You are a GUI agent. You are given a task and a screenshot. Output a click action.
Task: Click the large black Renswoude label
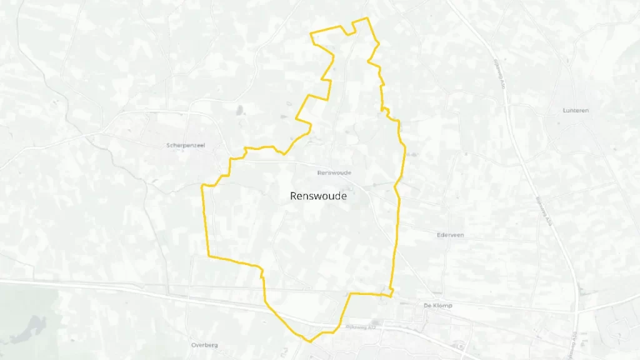pos(318,196)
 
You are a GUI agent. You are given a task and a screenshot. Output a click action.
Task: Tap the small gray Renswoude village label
pos(334,172)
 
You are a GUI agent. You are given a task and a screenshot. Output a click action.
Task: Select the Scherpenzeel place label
pos(186,146)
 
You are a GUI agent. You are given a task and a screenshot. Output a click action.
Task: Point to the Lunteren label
pos(576,111)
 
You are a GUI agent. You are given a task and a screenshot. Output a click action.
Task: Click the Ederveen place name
pos(451,235)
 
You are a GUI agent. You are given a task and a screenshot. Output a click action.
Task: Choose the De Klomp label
pos(437,306)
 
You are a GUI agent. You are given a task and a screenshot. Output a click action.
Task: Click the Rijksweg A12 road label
pos(357,326)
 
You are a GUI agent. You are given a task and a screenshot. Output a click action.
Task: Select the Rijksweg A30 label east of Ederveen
pos(545,212)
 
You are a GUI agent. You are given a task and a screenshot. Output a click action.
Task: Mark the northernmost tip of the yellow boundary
pos(367,18)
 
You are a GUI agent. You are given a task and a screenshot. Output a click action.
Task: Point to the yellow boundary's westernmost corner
pos(201,186)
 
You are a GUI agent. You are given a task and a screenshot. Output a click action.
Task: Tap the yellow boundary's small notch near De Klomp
pos(389,292)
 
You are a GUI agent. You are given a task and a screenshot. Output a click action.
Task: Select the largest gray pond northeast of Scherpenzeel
pos(240,111)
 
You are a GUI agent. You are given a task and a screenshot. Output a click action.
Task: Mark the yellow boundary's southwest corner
pos(208,256)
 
